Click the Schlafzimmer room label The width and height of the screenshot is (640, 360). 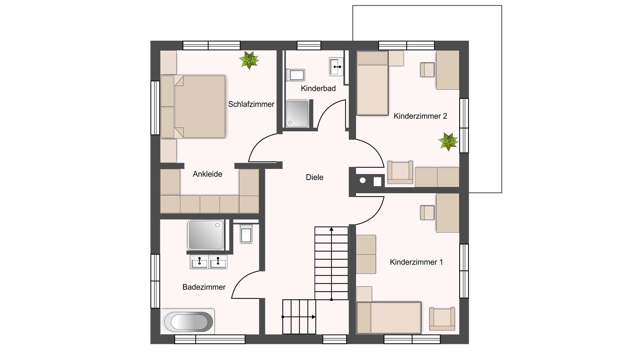[x=251, y=104]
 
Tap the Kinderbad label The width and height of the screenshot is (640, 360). [x=318, y=88]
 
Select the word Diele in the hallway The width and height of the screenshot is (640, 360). [x=314, y=177]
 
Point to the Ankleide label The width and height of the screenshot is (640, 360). [x=207, y=174]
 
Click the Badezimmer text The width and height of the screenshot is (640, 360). [x=204, y=287]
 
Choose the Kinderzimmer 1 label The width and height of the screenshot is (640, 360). [x=416, y=262]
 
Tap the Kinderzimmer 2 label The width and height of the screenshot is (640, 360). [x=420, y=116]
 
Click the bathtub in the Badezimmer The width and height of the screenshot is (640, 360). [x=187, y=322]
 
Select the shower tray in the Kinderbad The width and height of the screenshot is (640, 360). [x=297, y=114]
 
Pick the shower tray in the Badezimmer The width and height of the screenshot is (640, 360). [x=206, y=235]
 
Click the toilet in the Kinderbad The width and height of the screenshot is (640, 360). [x=295, y=75]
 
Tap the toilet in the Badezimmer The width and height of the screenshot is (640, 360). [x=246, y=234]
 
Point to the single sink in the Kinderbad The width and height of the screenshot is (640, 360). [x=336, y=67]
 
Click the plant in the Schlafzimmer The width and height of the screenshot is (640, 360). [x=249, y=60]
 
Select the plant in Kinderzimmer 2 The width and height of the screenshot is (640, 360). [x=448, y=141]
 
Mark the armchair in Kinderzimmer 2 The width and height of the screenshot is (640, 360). [x=400, y=172]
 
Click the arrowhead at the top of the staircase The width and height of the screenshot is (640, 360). [x=331, y=229]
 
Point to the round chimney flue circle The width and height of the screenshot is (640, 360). [x=363, y=181]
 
